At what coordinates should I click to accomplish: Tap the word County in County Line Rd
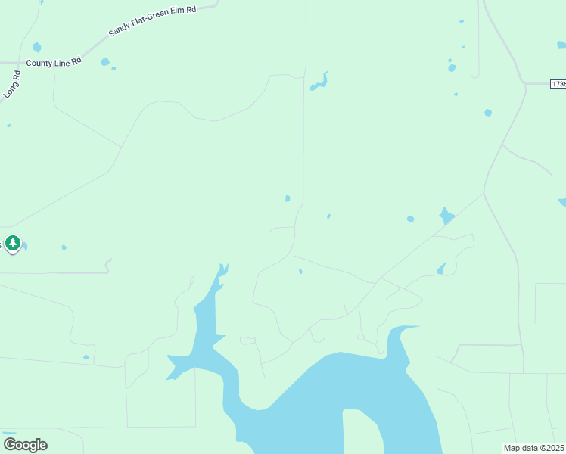click(39, 63)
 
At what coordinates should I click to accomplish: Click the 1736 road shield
click(558, 83)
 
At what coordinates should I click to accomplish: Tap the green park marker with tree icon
click(12, 243)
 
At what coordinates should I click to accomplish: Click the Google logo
click(25, 444)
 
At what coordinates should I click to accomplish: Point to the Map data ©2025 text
click(534, 448)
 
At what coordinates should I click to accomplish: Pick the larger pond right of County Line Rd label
click(104, 61)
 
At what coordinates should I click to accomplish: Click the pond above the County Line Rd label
click(36, 47)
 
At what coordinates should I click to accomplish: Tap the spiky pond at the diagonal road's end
click(446, 216)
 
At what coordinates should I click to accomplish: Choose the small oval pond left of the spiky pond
click(410, 219)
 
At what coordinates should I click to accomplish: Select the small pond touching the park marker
click(24, 246)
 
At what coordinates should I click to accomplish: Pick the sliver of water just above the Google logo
click(9, 434)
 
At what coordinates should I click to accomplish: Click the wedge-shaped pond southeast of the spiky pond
click(441, 269)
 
